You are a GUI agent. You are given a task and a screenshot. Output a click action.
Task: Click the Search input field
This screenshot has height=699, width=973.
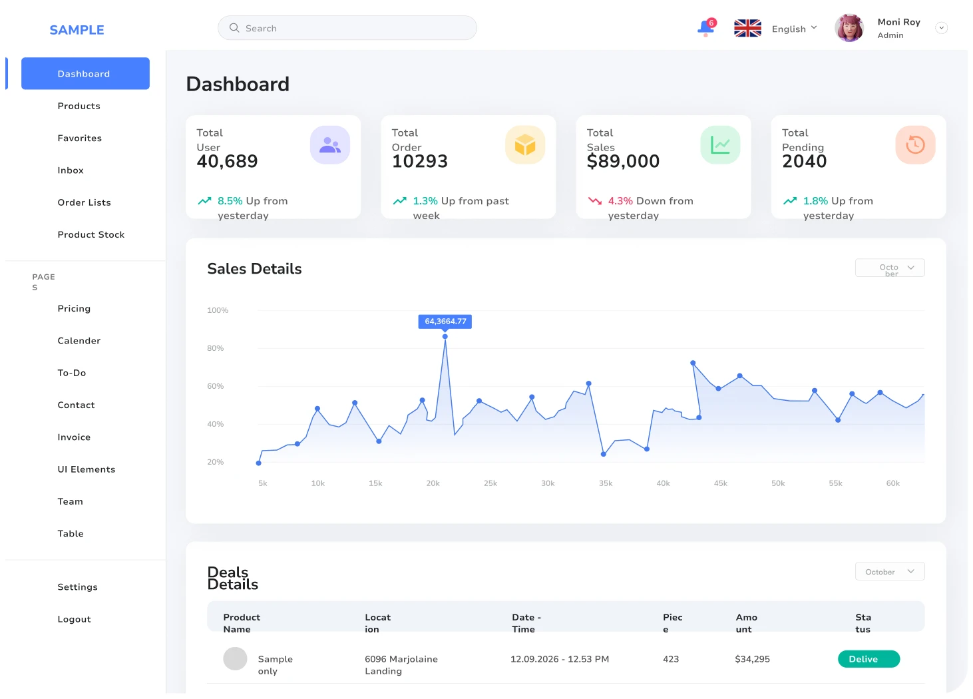347,28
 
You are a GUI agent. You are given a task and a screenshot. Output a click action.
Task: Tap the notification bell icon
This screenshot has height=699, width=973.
705,29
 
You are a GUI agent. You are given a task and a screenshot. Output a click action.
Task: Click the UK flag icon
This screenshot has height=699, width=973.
747,29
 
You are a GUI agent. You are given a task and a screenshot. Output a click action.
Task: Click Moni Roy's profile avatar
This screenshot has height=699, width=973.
849,29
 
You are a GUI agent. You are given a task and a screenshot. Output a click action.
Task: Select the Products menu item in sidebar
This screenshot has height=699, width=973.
79,106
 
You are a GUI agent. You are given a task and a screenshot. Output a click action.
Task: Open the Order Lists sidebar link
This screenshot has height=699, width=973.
84,202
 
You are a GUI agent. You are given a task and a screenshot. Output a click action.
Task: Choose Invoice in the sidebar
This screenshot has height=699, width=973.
74,437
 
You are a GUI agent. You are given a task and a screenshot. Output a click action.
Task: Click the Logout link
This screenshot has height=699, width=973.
74,619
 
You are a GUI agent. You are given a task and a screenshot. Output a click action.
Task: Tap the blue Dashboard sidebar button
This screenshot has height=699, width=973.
85,73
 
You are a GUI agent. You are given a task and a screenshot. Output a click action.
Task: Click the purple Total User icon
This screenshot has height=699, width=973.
330,145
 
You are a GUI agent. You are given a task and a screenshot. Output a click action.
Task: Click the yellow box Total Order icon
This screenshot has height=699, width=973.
525,145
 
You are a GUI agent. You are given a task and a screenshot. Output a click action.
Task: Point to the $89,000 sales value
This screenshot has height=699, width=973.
623,161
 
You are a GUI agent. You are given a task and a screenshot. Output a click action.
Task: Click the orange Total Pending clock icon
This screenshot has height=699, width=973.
915,145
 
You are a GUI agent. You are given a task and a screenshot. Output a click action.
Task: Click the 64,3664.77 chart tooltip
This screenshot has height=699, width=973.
445,322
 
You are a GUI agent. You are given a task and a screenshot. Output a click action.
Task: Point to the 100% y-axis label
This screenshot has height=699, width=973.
218,310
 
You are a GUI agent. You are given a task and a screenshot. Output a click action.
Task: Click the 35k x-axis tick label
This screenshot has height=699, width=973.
606,483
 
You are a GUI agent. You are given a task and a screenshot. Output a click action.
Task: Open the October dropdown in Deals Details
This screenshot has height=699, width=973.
890,572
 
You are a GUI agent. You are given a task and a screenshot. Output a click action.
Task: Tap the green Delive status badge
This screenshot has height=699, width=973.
869,659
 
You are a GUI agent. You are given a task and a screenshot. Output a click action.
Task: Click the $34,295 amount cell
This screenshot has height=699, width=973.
752,659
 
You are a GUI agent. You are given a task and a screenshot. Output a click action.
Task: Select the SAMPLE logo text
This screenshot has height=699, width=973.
77,30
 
